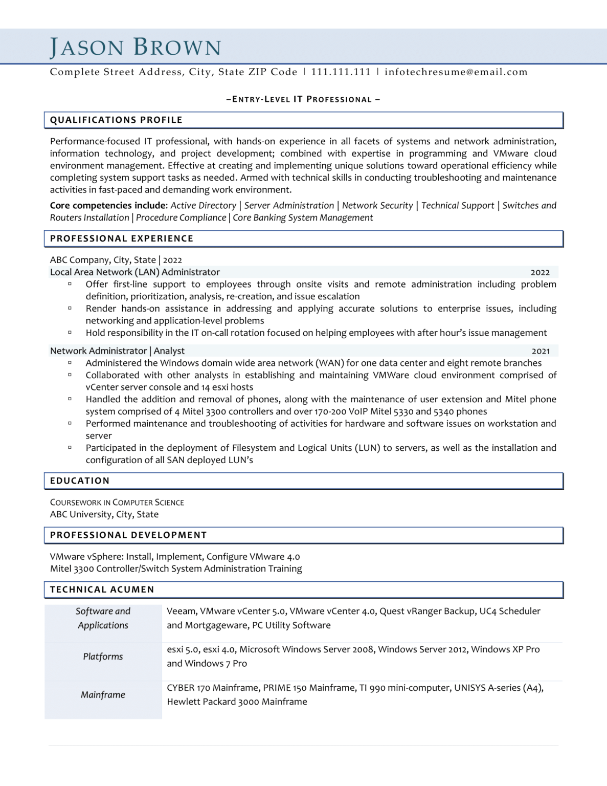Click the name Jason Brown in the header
(x=136, y=47)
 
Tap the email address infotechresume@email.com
(x=456, y=72)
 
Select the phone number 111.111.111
(x=341, y=72)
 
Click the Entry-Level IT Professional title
(x=303, y=99)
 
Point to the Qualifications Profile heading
(x=116, y=120)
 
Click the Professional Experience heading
(x=122, y=238)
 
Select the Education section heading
(x=80, y=481)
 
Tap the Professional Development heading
(x=128, y=535)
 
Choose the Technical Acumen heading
(x=102, y=589)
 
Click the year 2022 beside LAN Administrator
(x=540, y=273)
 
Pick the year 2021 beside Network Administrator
(x=541, y=351)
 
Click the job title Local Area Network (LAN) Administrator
(x=135, y=272)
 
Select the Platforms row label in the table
(x=103, y=657)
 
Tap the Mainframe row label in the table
(x=103, y=695)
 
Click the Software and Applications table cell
(x=103, y=618)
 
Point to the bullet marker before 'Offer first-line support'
(x=70, y=283)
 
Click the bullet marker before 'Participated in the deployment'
(x=70, y=447)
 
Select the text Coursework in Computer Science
(x=117, y=503)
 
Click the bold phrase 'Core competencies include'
(x=108, y=206)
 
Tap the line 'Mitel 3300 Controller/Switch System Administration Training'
(x=176, y=569)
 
